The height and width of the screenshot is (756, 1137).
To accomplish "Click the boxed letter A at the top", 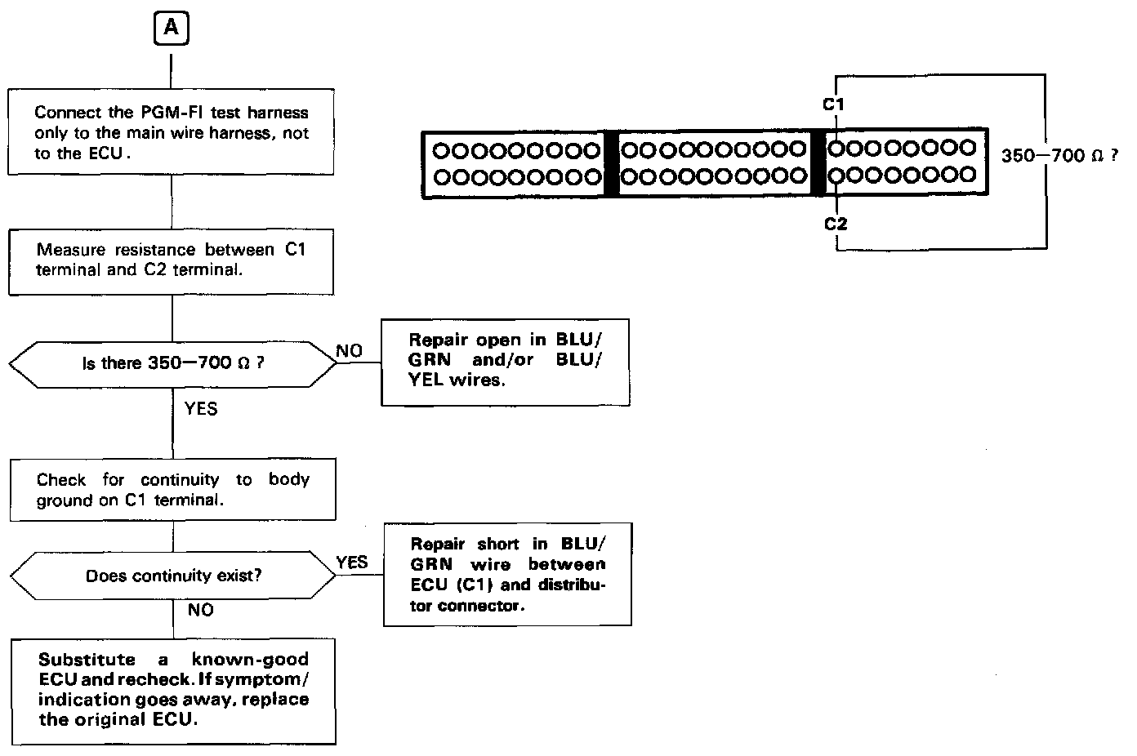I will click(x=171, y=28).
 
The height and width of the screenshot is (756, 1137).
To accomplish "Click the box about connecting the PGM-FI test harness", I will click(x=172, y=132).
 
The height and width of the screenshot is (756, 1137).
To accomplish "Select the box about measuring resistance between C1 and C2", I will click(x=172, y=260).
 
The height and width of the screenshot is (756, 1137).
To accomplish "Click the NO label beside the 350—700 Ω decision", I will click(x=350, y=351).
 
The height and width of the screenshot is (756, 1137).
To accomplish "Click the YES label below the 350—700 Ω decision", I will click(x=201, y=407).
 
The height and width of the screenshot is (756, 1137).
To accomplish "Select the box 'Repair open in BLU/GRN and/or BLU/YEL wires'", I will click(x=505, y=360).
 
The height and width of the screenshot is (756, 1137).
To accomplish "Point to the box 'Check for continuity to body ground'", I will click(x=172, y=490).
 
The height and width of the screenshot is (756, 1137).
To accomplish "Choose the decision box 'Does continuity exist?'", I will click(x=172, y=576).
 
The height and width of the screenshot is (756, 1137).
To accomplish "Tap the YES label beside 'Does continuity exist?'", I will click(x=352, y=562).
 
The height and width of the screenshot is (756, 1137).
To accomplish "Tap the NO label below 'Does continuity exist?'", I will click(x=201, y=610).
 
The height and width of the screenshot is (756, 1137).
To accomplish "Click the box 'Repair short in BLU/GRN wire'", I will click(x=507, y=575).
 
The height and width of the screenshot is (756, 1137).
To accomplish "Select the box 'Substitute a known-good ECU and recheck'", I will click(x=173, y=690).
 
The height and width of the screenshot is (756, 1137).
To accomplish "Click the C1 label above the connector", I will click(x=833, y=104).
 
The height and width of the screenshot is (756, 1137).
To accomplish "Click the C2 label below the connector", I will click(x=835, y=224).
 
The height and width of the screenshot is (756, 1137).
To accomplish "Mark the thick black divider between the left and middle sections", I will click(x=611, y=162).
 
